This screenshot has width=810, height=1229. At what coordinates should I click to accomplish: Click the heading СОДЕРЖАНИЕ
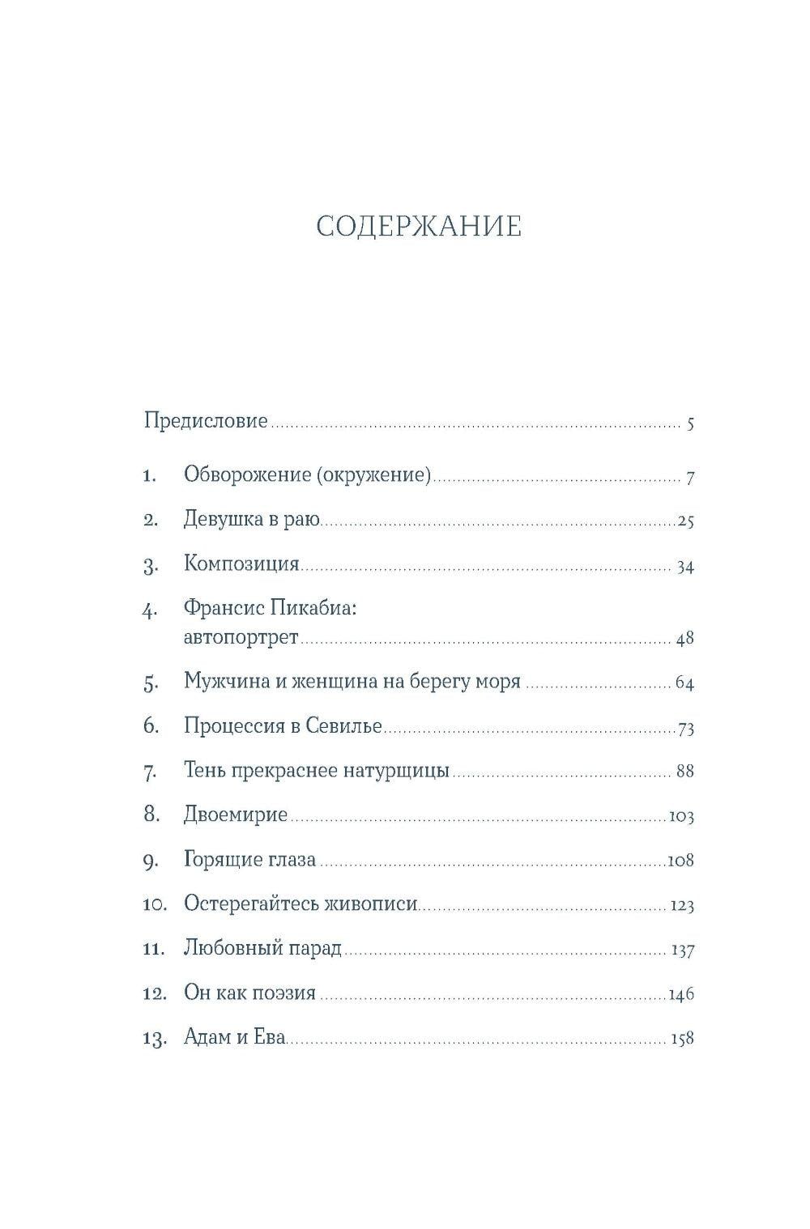(x=419, y=227)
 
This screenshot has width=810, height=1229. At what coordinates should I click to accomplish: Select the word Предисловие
(x=206, y=421)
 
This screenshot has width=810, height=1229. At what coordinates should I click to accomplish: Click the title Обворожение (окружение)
(x=307, y=474)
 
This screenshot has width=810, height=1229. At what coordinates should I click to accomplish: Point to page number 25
(x=685, y=521)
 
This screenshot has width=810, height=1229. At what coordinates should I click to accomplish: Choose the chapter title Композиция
(x=241, y=563)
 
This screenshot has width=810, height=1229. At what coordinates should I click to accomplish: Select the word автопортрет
(x=241, y=637)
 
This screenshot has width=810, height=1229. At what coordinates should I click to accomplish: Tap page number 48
(x=685, y=639)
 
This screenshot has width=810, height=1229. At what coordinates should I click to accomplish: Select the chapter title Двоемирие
(x=236, y=814)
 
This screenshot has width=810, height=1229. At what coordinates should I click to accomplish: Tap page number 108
(x=680, y=861)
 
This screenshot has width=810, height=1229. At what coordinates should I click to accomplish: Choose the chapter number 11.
(x=154, y=949)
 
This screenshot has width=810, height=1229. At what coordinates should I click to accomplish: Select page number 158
(x=682, y=1039)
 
